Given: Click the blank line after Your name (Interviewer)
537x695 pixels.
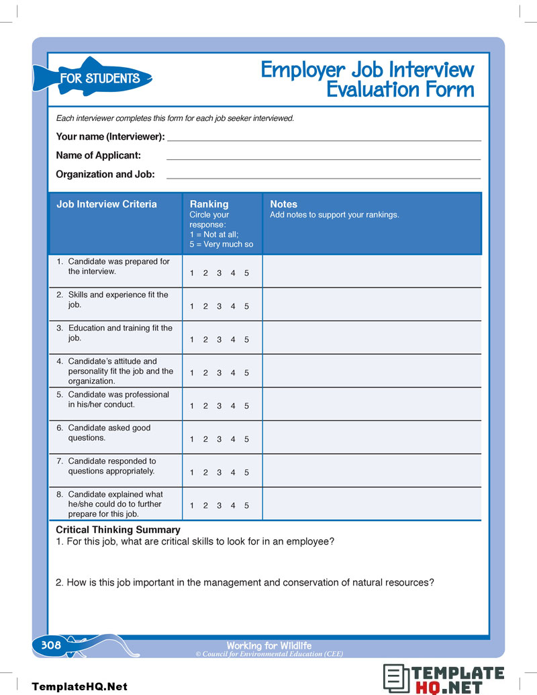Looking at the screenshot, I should click(324, 137).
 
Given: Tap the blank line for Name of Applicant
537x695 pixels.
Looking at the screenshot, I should click(324, 156).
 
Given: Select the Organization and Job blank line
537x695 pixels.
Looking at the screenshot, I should click(324, 175).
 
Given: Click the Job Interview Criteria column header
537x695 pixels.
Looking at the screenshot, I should click(107, 204).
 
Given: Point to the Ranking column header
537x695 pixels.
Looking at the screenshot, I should click(209, 204).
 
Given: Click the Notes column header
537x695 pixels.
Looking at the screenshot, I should click(283, 204).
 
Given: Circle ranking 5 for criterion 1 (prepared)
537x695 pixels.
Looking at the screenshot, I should click(246, 273).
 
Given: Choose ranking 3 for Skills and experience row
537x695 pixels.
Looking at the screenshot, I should click(219, 306).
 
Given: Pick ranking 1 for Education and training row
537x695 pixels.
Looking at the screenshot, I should click(192, 340).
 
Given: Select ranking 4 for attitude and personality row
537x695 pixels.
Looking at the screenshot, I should click(233, 373).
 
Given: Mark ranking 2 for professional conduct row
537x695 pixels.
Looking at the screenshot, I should click(205, 406).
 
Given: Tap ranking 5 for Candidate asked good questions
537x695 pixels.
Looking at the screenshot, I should click(246, 439).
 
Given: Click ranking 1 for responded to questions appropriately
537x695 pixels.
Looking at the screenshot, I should click(192, 473).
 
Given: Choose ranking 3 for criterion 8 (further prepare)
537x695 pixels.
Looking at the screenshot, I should click(219, 506).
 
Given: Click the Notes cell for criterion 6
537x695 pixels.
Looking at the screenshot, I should click(372, 437).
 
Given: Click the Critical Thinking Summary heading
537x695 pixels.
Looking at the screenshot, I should click(118, 530).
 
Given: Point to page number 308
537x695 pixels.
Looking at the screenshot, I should click(51, 645).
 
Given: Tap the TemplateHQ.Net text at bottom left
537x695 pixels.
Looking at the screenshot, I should click(79, 686).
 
